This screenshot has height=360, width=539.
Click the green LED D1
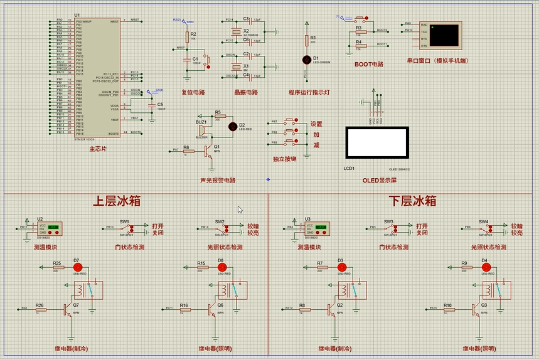(307, 60)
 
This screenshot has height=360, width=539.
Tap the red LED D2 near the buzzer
(233, 126)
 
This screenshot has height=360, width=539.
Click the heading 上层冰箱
(116, 201)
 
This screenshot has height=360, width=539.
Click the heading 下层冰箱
(412, 201)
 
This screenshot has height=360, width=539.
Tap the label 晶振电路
(246, 92)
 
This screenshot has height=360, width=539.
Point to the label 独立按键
(284, 160)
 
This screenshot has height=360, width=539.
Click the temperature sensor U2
(50, 227)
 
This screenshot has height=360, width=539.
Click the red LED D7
(77, 267)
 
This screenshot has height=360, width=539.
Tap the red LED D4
(484, 267)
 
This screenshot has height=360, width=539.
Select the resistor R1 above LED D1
(306, 40)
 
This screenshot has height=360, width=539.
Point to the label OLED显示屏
(379, 181)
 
